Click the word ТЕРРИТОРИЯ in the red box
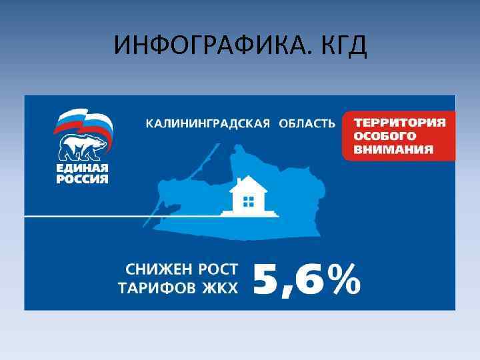(x=399, y=123)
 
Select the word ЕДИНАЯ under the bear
(x=81, y=167)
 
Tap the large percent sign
(x=346, y=279)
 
